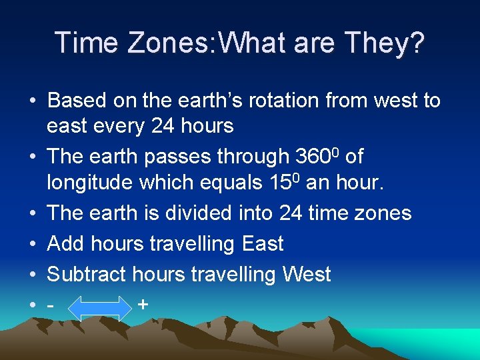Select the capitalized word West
(307, 274)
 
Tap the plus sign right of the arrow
(143, 305)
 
